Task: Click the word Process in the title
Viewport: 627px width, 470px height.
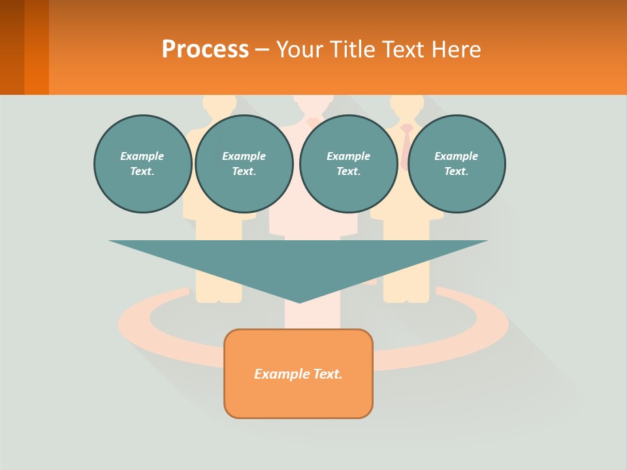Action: click(x=205, y=49)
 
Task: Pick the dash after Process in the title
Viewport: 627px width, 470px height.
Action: click(x=261, y=50)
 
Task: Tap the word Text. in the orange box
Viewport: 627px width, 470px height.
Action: click(x=327, y=374)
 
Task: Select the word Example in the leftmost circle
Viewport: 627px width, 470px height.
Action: click(x=142, y=156)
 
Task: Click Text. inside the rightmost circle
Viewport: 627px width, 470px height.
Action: click(x=456, y=172)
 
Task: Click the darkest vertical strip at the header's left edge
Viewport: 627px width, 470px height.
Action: click(x=12, y=47)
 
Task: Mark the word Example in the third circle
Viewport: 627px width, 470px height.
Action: click(x=348, y=156)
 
